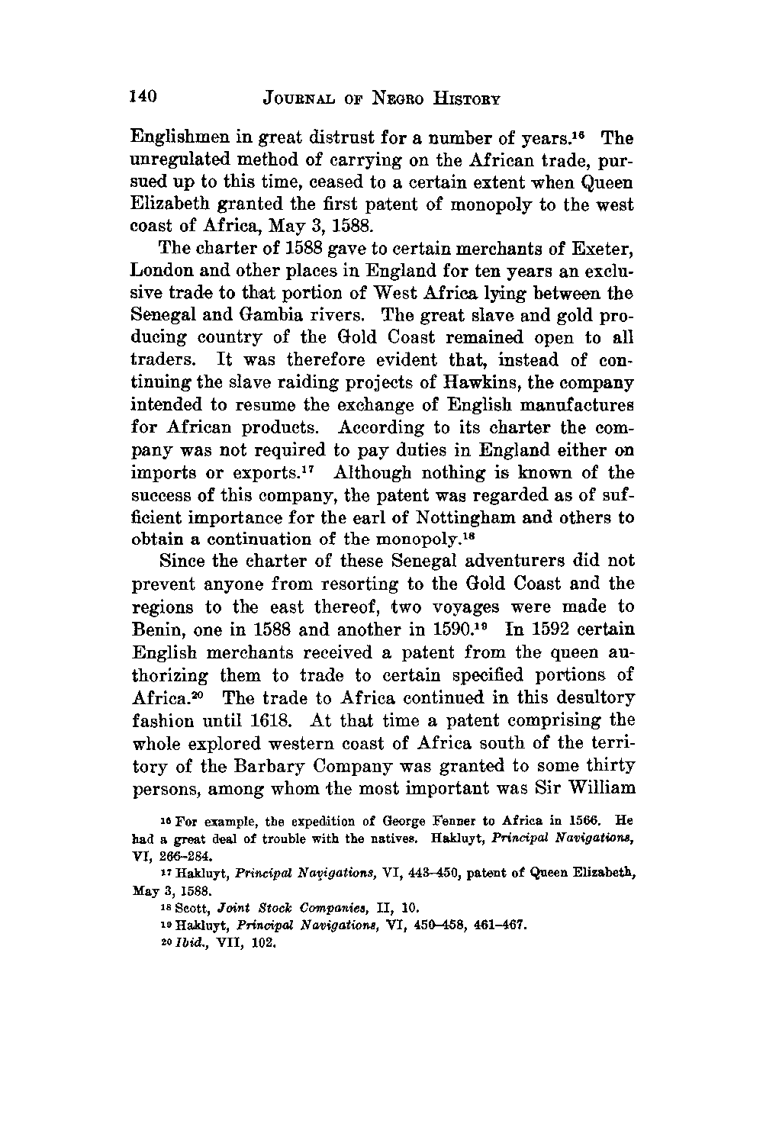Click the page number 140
[143, 97]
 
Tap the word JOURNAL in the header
[301, 98]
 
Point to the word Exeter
[594, 249]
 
